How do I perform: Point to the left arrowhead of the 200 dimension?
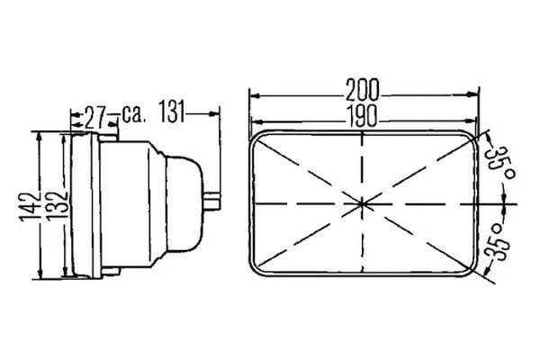[x=255, y=94]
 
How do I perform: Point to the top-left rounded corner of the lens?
[x=258, y=137]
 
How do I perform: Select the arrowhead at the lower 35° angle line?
[x=491, y=280]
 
